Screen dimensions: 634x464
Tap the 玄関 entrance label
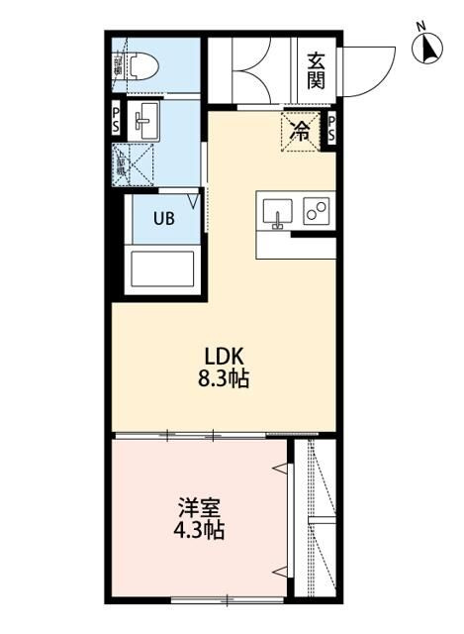(316, 70)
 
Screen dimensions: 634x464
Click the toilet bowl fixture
(144, 66)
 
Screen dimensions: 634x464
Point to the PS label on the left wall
(116, 121)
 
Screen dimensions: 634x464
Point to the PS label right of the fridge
(331, 127)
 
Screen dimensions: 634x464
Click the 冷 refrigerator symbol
(299, 129)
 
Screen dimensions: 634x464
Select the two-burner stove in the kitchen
(318, 211)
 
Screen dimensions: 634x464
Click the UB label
(164, 219)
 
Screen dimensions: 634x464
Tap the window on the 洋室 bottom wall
(218, 598)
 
